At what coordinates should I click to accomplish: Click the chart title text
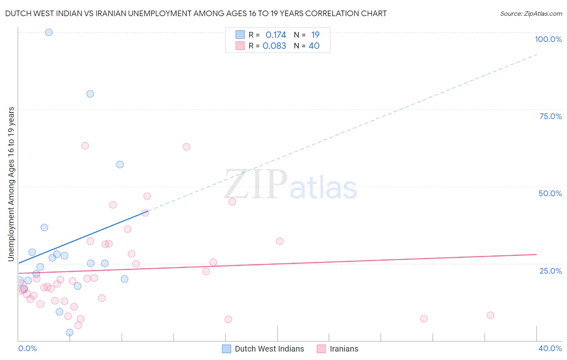196,14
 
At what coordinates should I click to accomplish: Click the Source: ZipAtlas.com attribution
531,14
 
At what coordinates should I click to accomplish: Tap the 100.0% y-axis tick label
548,39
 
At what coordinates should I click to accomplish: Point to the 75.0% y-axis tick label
550,116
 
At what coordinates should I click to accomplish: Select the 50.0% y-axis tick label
550,193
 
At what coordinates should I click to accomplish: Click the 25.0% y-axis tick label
550,271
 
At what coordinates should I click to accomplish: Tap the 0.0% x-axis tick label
27,348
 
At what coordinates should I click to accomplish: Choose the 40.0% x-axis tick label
550,348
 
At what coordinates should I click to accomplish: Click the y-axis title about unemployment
11,184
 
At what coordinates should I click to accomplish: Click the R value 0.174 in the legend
276,35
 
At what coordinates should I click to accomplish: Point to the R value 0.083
274,46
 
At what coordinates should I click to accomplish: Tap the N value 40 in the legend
314,46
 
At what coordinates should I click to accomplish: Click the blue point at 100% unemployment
49,32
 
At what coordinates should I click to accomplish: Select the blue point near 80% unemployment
90,94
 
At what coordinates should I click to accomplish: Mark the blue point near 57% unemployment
120,164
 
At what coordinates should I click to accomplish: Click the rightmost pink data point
490,315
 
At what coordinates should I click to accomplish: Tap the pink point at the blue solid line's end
145,213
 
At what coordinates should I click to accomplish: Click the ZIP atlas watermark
290,185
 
